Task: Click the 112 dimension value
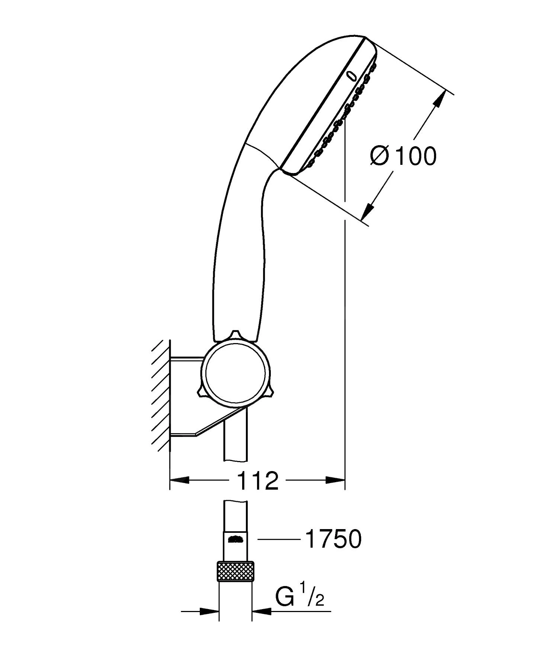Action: (x=257, y=481)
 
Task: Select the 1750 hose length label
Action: (x=333, y=539)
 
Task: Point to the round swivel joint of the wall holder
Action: (x=235, y=373)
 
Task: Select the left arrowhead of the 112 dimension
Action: (x=179, y=480)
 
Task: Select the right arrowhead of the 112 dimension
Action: (x=336, y=480)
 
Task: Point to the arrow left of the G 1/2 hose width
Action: (x=209, y=611)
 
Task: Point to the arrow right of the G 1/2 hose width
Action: (x=262, y=611)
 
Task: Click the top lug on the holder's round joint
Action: (x=235, y=334)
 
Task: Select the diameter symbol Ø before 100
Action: (x=379, y=156)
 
